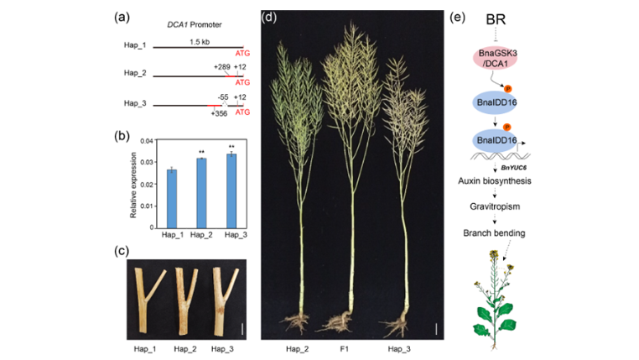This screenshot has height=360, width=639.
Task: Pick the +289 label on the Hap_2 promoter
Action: [221, 65]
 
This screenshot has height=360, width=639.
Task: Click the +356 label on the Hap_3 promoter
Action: [220, 112]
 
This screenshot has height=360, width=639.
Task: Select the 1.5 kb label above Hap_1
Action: [199, 42]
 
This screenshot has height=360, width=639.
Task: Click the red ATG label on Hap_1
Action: [242, 53]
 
